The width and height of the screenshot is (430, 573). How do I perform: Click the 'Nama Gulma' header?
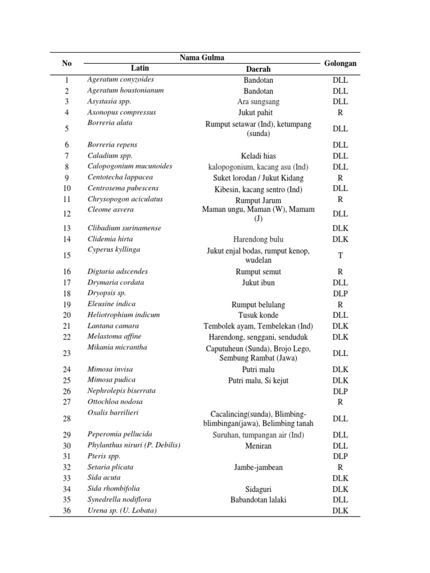(202, 58)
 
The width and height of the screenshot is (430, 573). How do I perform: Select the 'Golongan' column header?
(340, 63)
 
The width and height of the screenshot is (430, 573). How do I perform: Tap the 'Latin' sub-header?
(140, 68)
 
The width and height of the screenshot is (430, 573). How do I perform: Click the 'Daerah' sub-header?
(258, 69)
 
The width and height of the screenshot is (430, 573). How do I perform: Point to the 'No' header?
(67, 63)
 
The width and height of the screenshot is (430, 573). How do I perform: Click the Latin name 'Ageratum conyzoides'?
(120, 79)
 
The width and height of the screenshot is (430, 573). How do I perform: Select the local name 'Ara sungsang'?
(258, 102)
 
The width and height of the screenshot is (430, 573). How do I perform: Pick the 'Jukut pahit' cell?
(258, 112)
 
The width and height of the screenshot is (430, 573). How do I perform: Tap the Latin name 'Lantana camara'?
(113, 326)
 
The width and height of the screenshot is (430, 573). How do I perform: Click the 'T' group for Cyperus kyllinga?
(340, 255)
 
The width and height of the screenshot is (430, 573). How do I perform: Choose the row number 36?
(67, 510)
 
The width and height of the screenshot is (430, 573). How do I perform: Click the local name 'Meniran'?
(258, 446)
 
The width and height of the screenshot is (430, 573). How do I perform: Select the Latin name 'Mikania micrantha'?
(117, 347)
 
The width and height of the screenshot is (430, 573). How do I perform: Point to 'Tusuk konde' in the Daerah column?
(258, 315)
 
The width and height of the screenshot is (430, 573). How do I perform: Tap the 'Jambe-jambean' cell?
(258, 467)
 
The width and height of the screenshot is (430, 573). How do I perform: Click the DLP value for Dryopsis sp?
(340, 293)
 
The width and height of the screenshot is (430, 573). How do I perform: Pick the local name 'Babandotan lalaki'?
(258, 500)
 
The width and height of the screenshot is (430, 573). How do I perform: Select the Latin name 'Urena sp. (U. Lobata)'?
(122, 510)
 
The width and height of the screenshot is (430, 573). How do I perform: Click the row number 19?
(67, 304)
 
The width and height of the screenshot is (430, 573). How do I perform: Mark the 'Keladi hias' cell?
(258, 156)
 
